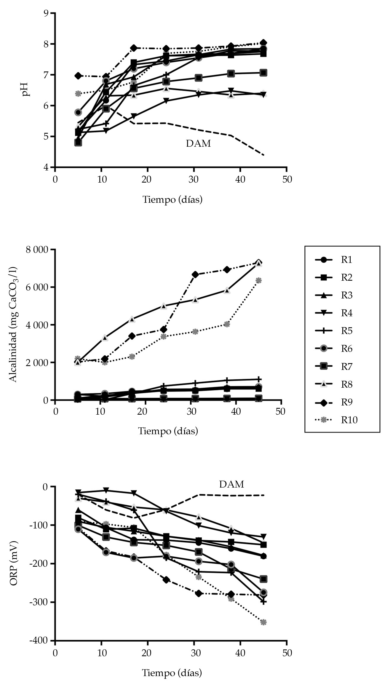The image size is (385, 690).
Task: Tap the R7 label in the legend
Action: pyautogui.click(x=346, y=367)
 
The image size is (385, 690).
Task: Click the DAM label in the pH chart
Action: pyautogui.click(x=198, y=144)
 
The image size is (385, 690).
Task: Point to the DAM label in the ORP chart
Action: pyautogui.click(x=231, y=484)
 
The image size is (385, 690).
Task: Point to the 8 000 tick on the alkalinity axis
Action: pyautogui.click(x=36, y=250)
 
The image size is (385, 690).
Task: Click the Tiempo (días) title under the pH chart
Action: pyautogui.click(x=172, y=199)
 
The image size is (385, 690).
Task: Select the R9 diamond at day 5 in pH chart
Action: pyautogui.click(x=78, y=76)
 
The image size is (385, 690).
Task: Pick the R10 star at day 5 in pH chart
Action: pyautogui.click(x=78, y=94)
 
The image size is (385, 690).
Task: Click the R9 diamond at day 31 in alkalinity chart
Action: pyautogui.click(x=195, y=274)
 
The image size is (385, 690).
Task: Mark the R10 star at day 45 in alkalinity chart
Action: pyautogui.click(x=258, y=280)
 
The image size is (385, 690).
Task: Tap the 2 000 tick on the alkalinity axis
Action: pyautogui.click(x=36, y=363)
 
